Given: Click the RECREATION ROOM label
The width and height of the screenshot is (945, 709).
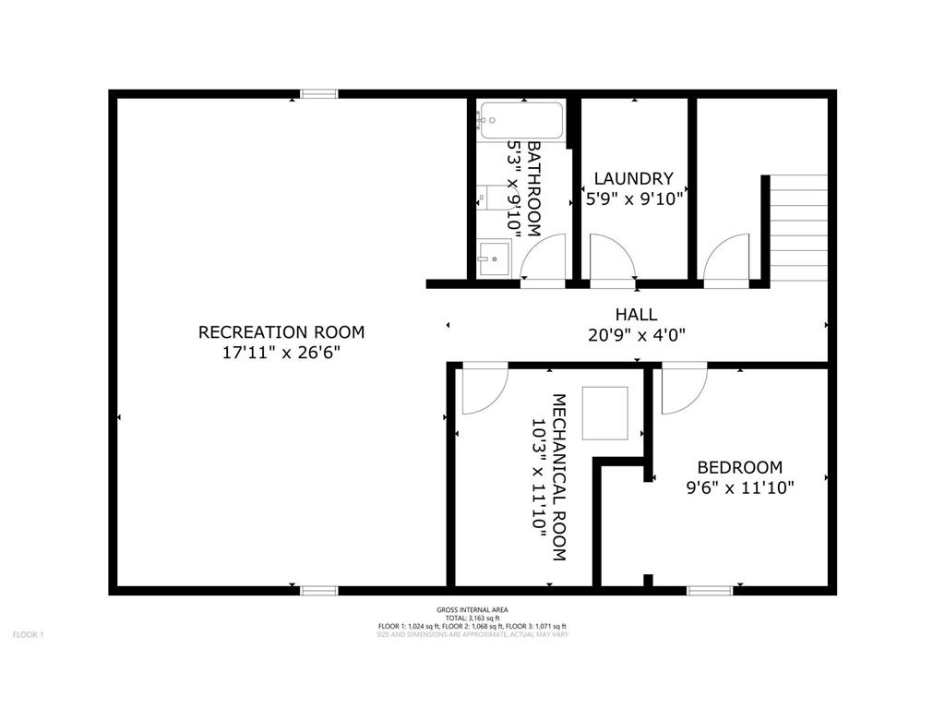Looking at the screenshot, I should coord(281,332).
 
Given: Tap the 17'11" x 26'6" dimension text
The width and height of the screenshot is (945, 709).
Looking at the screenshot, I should coord(281,353).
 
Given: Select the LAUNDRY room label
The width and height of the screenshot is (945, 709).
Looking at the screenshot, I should coord(633,178).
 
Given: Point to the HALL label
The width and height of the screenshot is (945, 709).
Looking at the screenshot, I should coord(637,315).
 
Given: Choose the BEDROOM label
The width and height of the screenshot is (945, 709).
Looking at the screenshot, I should coord(739,467).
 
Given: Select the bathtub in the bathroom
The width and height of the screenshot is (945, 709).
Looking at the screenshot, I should coord(520,121).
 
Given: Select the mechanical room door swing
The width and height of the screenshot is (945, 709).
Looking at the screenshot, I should coord(483,389).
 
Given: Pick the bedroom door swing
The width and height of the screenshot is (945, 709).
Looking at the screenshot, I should coord(683,389).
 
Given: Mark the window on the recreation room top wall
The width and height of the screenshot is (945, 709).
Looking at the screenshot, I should coord(319,93).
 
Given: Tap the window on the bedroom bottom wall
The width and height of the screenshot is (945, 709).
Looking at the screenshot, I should coord(710,589).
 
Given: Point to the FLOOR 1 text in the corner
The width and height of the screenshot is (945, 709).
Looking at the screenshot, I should coord(28,634).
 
